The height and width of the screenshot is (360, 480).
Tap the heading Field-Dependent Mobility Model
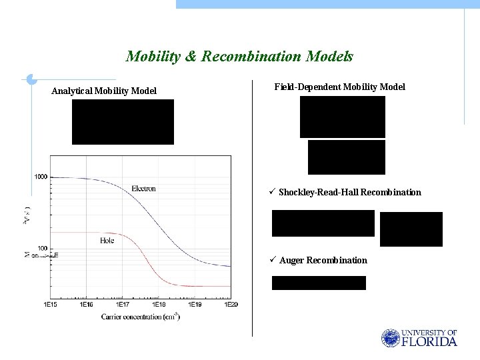click(339, 87)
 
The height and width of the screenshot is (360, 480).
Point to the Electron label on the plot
click(143, 188)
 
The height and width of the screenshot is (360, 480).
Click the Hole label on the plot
click(107, 240)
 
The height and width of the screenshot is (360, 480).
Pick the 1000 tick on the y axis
click(41, 177)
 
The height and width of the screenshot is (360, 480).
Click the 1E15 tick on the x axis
click(50, 305)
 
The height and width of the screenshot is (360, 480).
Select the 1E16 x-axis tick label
click(86, 305)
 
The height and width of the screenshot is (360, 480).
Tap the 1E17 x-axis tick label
click(123, 305)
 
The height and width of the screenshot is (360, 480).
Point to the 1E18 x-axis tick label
click(159, 305)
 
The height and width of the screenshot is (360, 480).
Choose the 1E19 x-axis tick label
click(195, 305)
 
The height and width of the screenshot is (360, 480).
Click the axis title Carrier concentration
click(141, 316)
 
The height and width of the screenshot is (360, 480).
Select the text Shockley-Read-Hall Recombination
click(350, 192)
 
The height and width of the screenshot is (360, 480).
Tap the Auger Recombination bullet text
click(323, 260)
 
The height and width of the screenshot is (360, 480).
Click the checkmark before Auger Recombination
click(274, 259)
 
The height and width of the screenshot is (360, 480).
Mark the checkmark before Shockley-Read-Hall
click(273, 192)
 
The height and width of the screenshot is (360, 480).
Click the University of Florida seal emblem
click(390, 338)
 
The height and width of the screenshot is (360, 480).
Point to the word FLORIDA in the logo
click(430, 342)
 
